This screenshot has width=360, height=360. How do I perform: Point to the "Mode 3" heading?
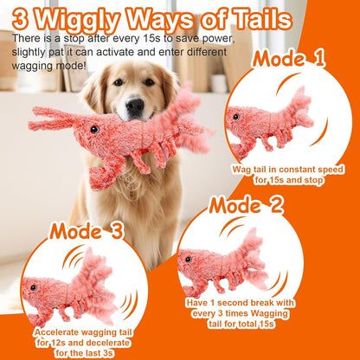point(87,231)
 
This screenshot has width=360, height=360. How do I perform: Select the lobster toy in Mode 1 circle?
point(269,120)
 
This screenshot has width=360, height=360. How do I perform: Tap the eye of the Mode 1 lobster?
point(234,115)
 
